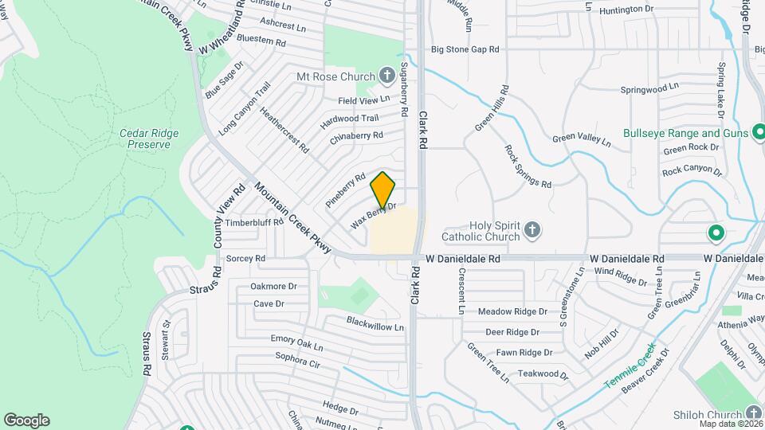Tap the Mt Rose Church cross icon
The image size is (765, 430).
click(x=387, y=76)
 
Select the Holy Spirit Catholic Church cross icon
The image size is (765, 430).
click(x=533, y=231)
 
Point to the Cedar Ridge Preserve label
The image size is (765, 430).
click(x=149, y=139)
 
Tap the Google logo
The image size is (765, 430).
click(x=26, y=420)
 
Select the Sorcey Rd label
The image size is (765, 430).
click(x=245, y=259)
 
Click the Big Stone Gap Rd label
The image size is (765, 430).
click(x=465, y=49)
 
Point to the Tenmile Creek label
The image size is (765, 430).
click(x=629, y=365)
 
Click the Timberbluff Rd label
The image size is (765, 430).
click(x=254, y=223)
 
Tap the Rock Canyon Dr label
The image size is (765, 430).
click(x=691, y=172)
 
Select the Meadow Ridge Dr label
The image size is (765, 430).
click(x=512, y=311)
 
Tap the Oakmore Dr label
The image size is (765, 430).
click(x=273, y=286)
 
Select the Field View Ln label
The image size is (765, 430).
click(x=363, y=100)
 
